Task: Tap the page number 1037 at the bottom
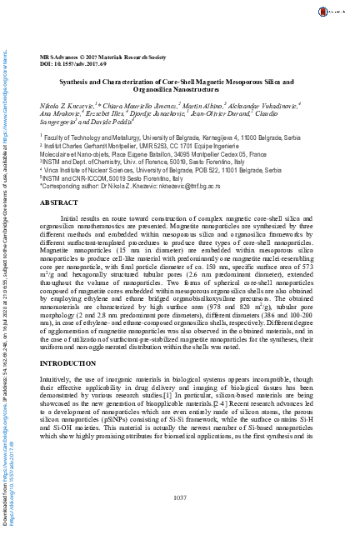pos(181,497)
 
